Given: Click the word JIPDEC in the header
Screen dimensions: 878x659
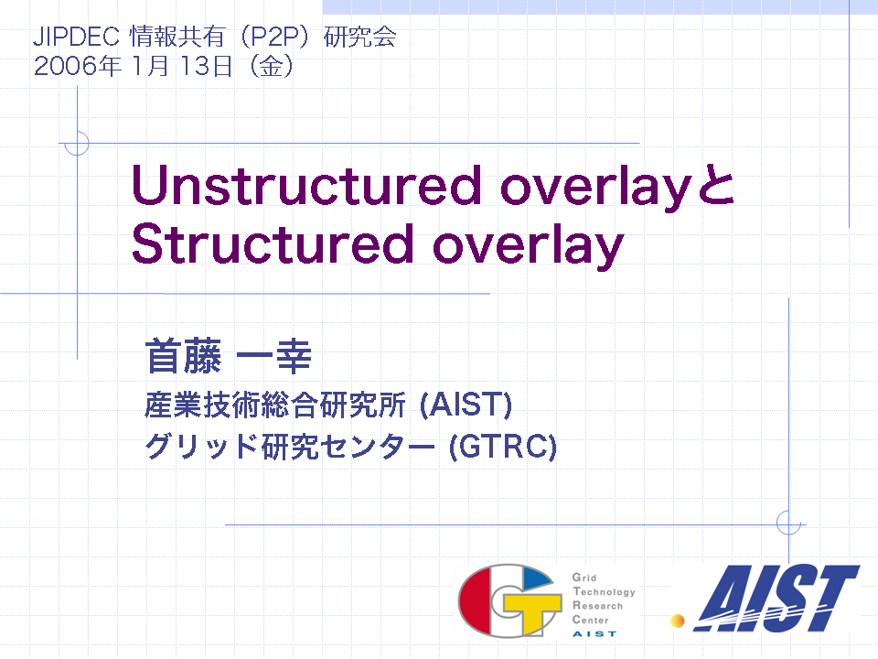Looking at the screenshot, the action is click(x=76, y=37).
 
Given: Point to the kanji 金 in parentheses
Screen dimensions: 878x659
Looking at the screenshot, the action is click(x=271, y=66).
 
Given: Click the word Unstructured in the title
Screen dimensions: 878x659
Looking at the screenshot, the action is click(x=306, y=185).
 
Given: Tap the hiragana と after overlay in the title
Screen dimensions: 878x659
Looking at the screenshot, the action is click(x=714, y=185).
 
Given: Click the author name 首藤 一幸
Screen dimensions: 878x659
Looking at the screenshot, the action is click(x=228, y=356).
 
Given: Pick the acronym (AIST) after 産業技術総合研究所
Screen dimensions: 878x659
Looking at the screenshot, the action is click(x=466, y=405).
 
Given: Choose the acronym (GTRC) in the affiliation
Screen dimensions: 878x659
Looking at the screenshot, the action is click(x=503, y=446).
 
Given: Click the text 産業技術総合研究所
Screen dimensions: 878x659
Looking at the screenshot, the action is click(x=275, y=405).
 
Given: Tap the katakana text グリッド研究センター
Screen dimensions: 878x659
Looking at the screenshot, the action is click(x=290, y=446).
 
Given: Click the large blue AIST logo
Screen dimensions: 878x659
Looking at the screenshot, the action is click(x=776, y=598).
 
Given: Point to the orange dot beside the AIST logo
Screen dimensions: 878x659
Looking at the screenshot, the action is click(x=678, y=621).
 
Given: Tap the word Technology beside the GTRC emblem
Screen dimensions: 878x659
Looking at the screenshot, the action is click(x=605, y=592).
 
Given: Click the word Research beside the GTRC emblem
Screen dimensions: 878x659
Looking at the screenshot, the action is click(x=597, y=606).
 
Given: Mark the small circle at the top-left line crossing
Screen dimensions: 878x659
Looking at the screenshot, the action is click(x=77, y=143).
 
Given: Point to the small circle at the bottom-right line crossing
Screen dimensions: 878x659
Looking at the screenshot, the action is click(x=788, y=524).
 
